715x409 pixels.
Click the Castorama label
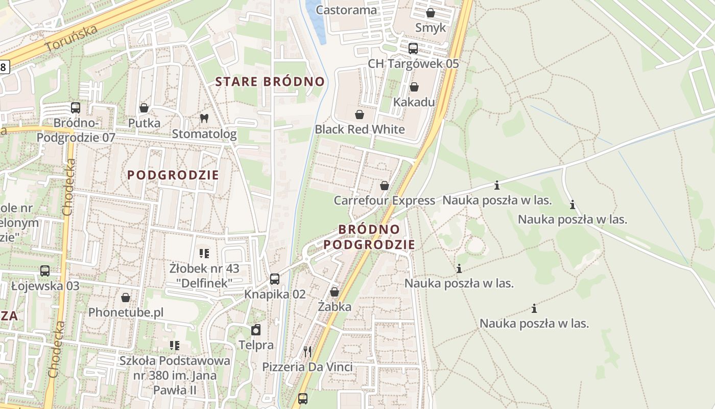(346, 10)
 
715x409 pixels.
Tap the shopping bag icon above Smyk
(431, 13)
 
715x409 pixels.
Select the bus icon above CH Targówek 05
(413, 49)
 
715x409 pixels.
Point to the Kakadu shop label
(414, 102)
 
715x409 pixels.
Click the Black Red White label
(360, 129)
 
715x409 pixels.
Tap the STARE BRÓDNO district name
(270, 81)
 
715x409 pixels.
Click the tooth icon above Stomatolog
(204, 118)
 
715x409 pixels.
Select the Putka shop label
(144, 123)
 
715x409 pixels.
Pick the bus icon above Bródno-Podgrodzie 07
(76, 108)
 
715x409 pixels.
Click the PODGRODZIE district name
(173, 175)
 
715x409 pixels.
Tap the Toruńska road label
(71, 38)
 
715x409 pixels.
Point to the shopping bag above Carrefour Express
(385, 185)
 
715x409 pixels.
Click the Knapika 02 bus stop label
(275, 294)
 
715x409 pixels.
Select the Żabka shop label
(335, 306)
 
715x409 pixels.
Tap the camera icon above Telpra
(256, 330)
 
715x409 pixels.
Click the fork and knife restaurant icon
(307, 351)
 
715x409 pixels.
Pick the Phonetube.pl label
(126, 312)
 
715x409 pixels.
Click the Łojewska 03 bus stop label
(45, 285)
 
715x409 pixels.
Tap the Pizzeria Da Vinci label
(307, 367)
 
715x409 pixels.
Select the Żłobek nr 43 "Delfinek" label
(204, 275)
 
